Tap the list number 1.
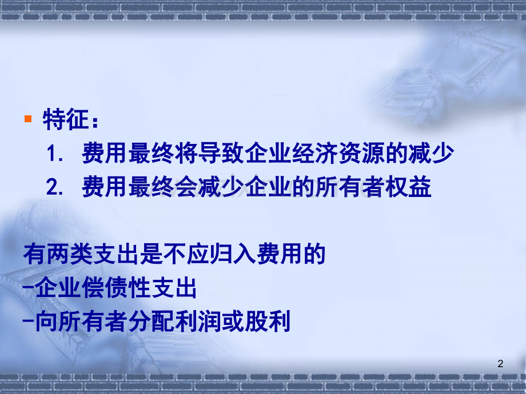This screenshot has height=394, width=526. coord(55,154)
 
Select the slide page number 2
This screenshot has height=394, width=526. coord(501,364)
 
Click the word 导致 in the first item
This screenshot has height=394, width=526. coord(219,154)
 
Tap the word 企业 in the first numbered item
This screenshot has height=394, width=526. coord(265,154)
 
